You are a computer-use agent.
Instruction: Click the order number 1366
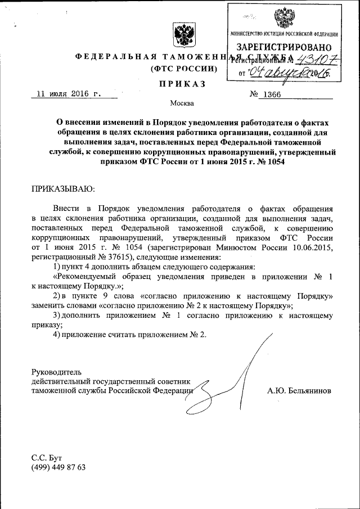click(x=269, y=94)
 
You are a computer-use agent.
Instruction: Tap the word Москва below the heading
click(x=181, y=103)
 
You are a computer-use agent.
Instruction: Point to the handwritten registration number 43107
click(x=309, y=59)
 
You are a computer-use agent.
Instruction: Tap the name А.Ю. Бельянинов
click(x=300, y=390)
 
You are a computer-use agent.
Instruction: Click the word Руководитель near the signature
click(x=57, y=372)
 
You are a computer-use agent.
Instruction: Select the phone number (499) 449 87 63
click(x=58, y=467)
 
